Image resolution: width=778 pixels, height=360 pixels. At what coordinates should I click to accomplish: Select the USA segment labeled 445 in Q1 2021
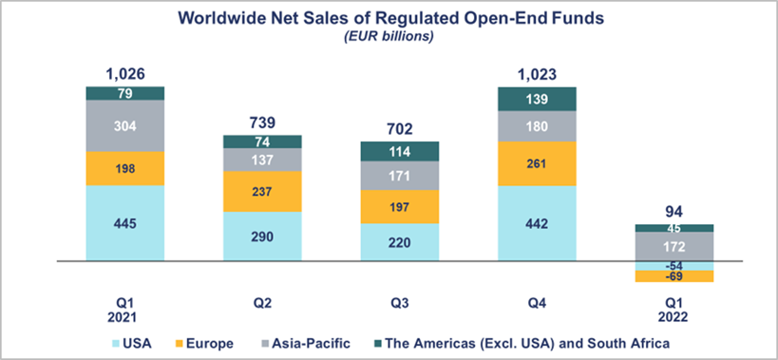click(x=125, y=222)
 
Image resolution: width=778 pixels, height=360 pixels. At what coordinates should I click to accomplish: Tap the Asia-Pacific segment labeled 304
click(x=125, y=125)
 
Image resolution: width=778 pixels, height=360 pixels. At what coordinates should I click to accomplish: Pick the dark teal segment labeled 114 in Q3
click(x=399, y=151)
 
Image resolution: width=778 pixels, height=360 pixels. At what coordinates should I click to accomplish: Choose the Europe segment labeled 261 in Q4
click(x=536, y=162)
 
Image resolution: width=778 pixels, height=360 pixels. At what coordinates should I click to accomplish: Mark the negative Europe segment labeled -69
click(x=673, y=275)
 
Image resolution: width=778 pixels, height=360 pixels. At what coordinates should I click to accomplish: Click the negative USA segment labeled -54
click(x=673, y=265)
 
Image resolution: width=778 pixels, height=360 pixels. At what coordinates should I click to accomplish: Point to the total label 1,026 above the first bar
click(x=125, y=74)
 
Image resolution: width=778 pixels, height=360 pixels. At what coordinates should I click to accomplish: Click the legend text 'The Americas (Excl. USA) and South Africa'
click(x=525, y=342)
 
